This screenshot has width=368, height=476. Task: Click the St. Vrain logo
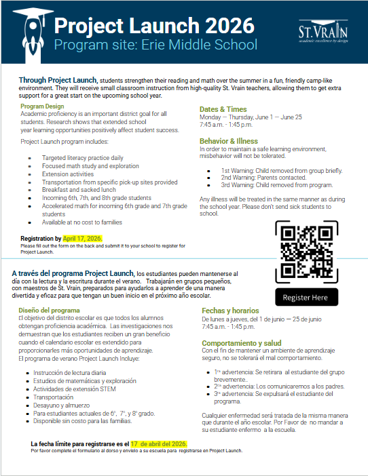[323, 35]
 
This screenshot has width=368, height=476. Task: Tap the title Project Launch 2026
[154, 26]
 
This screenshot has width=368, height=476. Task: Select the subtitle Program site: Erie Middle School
[155, 45]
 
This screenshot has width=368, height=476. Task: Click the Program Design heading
[42, 106]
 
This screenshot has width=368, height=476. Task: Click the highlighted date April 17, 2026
[82, 239]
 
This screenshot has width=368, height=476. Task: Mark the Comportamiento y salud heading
[242, 343]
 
